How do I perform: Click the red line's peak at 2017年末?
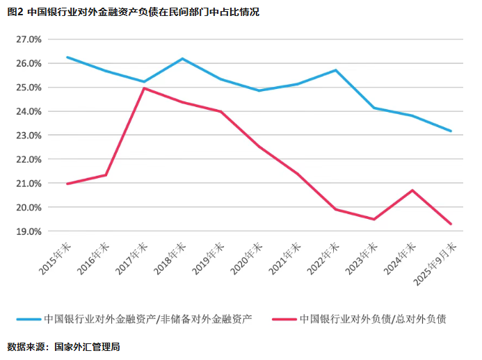pyautogui.click(x=144, y=88)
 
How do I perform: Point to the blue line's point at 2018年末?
pyautogui.click(x=182, y=58)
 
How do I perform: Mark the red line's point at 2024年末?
pyautogui.click(x=412, y=190)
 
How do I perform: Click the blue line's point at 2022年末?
pyautogui.click(x=336, y=70)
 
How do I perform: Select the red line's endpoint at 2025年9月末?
pyautogui.click(x=451, y=224)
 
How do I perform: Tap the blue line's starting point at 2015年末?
pyautogui.click(x=67, y=57)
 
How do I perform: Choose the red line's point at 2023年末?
pyautogui.click(x=374, y=220)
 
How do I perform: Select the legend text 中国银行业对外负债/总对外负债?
pyautogui.click(x=372, y=319)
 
